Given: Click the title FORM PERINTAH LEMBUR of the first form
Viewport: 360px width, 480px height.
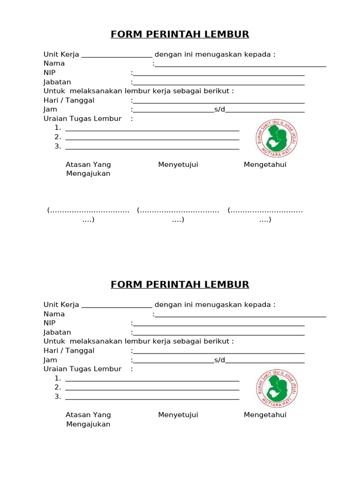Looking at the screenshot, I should tap(180, 34).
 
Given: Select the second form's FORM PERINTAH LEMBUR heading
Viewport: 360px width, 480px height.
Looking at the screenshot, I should tap(180, 285).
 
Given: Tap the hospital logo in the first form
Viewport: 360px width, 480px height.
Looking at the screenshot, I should tap(278, 138).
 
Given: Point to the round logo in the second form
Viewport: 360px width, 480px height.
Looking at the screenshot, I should tap(278, 389).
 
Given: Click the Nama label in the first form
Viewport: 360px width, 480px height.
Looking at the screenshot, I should tap(54, 63).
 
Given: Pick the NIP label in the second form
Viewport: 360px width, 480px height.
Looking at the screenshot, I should tap(50, 323).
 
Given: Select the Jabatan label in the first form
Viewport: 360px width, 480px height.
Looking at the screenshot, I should tap(57, 82).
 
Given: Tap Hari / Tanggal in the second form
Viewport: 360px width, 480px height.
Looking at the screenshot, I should tap(69, 351).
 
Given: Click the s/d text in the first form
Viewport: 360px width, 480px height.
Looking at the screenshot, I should tap(220, 110).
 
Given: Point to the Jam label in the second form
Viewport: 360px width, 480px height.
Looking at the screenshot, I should tap(51, 360).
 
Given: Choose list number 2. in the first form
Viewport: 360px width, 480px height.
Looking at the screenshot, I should tap(58, 137).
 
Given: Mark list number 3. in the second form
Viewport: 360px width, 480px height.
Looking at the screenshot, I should tap(58, 397).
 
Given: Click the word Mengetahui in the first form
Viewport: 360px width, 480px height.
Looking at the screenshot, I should tap(265, 165).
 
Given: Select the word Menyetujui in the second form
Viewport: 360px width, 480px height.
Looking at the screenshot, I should tap(178, 415).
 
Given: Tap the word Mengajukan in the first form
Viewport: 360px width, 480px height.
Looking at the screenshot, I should tap(88, 173).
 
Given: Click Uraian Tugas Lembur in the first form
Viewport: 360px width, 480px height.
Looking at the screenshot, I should tap(82, 119).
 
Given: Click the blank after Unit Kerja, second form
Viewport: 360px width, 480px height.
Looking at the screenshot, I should tap(117, 305).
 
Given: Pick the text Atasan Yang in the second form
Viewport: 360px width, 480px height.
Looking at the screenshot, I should tap(88, 415).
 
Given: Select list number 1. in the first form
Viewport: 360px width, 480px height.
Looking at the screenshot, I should tap(58, 128).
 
